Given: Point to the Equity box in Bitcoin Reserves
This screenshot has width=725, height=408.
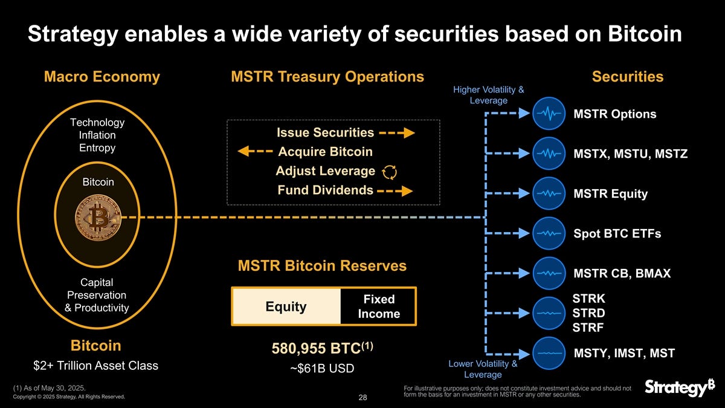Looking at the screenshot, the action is [286, 306].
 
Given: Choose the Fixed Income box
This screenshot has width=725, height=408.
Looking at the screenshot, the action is [379, 306].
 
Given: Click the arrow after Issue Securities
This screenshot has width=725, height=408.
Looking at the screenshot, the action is [397, 133].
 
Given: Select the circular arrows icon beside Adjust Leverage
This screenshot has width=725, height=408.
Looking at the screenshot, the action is [390, 172].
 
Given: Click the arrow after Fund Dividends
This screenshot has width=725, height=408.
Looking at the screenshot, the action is [397, 191].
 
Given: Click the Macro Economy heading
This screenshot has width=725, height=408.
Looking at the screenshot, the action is [102, 77].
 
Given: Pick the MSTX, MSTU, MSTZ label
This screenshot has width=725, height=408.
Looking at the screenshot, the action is [630, 154].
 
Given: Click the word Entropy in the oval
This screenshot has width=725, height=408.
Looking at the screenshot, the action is [97, 148].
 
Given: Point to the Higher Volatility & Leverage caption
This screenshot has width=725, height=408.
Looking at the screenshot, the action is [488, 95].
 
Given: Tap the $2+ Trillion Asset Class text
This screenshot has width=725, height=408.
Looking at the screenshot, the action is [95, 366].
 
